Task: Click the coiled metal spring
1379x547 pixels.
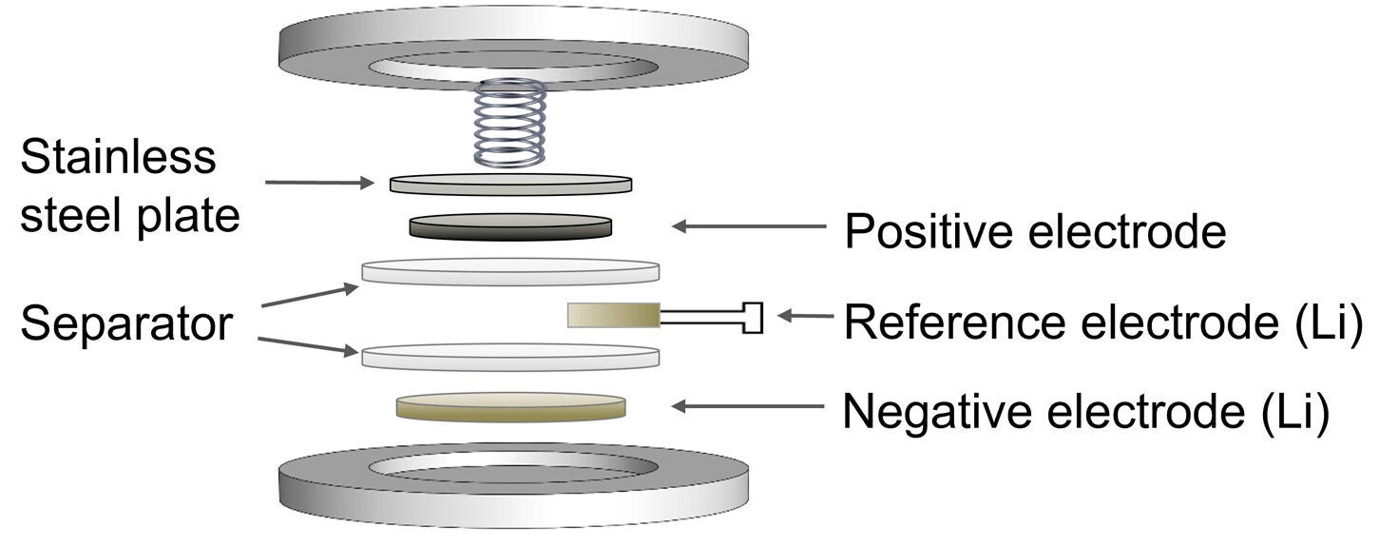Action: point(510,124)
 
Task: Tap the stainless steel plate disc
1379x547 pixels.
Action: point(510,184)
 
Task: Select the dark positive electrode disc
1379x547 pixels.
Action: point(510,226)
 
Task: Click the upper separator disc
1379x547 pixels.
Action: point(510,271)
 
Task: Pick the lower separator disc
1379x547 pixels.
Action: point(510,357)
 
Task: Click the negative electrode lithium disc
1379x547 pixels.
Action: point(510,406)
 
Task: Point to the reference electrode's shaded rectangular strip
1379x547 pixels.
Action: point(613,315)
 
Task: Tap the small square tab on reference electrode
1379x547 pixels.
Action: point(752,317)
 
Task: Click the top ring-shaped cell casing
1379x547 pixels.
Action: point(510,48)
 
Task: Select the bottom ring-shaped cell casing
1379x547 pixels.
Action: point(510,485)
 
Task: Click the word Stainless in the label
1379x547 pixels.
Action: point(118,156)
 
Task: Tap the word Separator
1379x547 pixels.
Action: point(125,323)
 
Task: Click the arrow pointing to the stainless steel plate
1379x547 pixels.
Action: point(319,182)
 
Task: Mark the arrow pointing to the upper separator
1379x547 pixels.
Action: point(309,295)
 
